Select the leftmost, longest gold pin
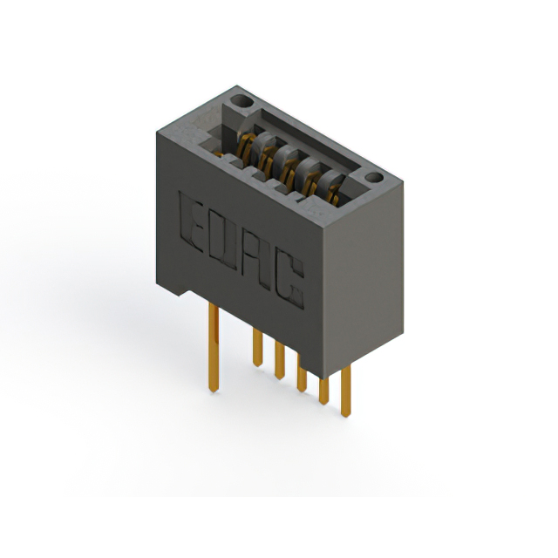[x=213, y=349]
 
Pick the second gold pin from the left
[x=257, y=347]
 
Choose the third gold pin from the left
[x=279, y=359]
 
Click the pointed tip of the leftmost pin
[x=214, y=391]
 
